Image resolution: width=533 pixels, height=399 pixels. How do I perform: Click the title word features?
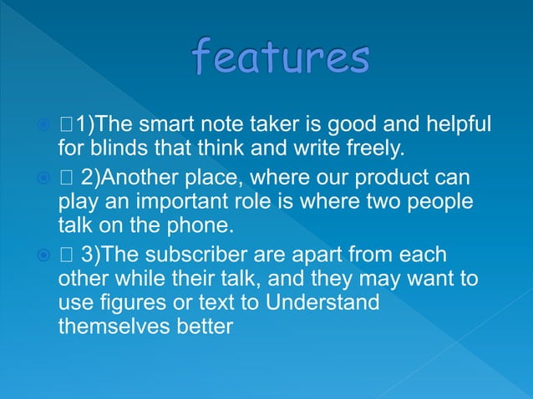tap(280, 58)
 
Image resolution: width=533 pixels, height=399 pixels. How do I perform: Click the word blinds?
tap(124, 149)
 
